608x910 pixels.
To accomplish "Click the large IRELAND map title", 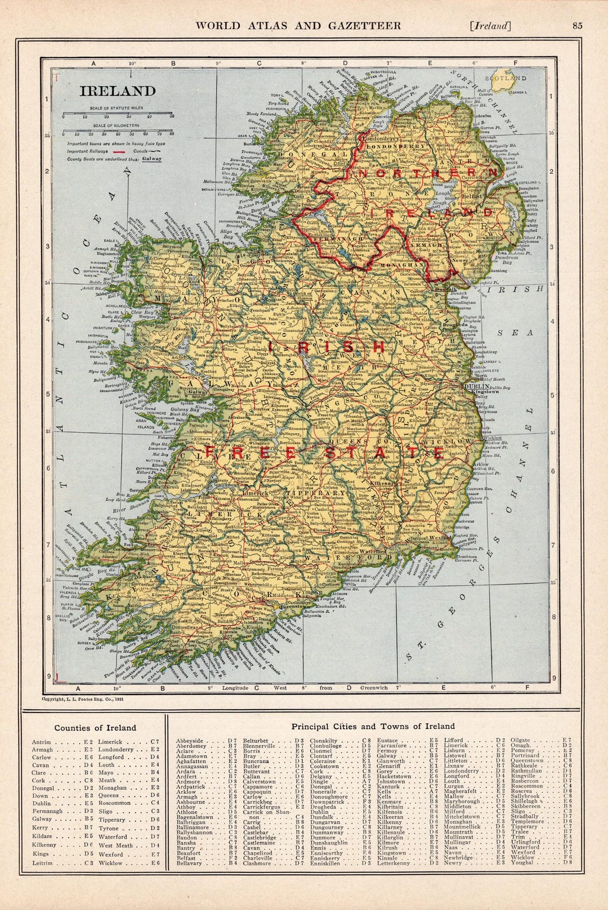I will pyautogui.click(x=118, y=91).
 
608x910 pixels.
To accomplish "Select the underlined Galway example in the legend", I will pyautogui.click(x=151, y=159).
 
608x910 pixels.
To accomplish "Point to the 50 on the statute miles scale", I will pyautogui.click(x=172, y=116).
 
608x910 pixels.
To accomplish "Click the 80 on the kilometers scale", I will pyautogui.click(x=171, y=135).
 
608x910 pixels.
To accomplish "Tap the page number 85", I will pyautogui.click(x=577, y=25).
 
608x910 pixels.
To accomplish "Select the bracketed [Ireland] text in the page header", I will pyautogui.click(x=490, y=25).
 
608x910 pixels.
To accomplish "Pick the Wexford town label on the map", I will pyautogui.click(x=442, y=537).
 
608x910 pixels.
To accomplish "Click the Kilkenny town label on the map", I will pyautogui.click(x=379, y=483).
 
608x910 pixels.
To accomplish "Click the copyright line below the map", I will pyautogui.click(x=83, y=698).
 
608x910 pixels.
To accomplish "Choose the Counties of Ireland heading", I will pyautogui.click(x=95, y=728).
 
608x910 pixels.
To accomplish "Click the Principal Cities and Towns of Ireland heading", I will pyautogui.click(x=373, y=727).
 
